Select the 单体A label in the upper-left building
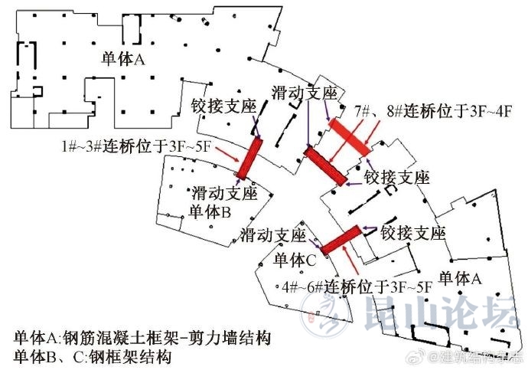pos(122,59)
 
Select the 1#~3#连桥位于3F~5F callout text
pos(136,146)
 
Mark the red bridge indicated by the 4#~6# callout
pos(341,240)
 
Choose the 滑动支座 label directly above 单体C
pos(273,233)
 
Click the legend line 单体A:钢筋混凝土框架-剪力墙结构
pos(143,338)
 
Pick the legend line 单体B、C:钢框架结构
pos(91,357)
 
